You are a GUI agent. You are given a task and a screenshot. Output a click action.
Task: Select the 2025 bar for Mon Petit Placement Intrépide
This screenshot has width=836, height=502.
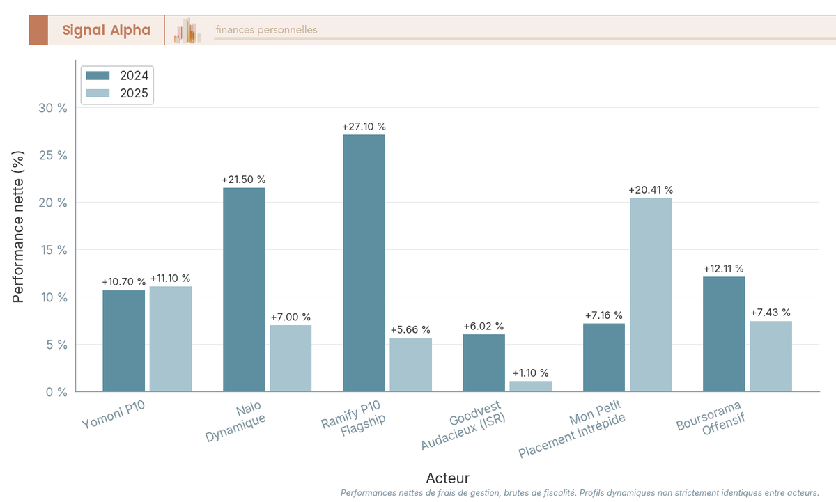coord(651,295)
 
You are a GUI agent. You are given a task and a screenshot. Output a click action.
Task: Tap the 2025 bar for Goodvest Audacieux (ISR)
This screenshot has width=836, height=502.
coord(530,386)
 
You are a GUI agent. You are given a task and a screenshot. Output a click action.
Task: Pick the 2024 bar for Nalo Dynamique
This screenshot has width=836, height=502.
coord(244,290)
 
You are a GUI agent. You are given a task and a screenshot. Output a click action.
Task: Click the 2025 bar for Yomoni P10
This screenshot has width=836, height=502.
coord(171,339)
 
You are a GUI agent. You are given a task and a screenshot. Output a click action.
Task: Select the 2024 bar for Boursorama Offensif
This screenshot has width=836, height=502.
coord(724,334)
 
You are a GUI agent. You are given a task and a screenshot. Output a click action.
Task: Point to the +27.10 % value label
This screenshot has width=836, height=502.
coord(364,127)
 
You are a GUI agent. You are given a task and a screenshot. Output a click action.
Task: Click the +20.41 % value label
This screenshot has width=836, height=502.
coord(651,190)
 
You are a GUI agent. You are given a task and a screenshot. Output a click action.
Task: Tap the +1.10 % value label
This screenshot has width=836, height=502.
coord(530,373)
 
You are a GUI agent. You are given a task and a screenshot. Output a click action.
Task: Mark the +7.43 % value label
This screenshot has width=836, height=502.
coord(771,313)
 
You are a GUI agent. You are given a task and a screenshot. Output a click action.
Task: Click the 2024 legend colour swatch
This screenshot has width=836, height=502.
coord(98,76)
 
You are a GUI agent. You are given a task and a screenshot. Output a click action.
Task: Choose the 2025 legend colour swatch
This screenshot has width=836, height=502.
coord(98,93)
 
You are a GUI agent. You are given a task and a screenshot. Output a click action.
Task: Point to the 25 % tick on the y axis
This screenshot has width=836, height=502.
coord(53,155)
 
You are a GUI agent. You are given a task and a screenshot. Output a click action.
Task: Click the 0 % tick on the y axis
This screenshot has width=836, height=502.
coord(56,392)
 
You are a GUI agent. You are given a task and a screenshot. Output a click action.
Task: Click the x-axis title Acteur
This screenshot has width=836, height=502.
coord(447,478)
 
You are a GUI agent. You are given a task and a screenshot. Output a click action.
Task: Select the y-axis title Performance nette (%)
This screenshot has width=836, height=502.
coord(19,226)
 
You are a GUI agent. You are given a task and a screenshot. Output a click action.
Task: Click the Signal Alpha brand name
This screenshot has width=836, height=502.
coord(106,30)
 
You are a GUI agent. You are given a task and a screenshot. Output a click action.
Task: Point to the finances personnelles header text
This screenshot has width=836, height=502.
coord(266,30)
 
